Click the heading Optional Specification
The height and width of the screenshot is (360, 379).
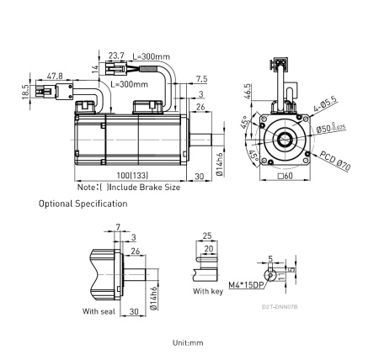(83, 204)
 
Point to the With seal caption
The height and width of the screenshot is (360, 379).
(100, 310)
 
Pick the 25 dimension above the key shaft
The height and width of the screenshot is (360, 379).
(206, 236)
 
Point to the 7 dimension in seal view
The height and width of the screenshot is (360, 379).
(118, 227)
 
